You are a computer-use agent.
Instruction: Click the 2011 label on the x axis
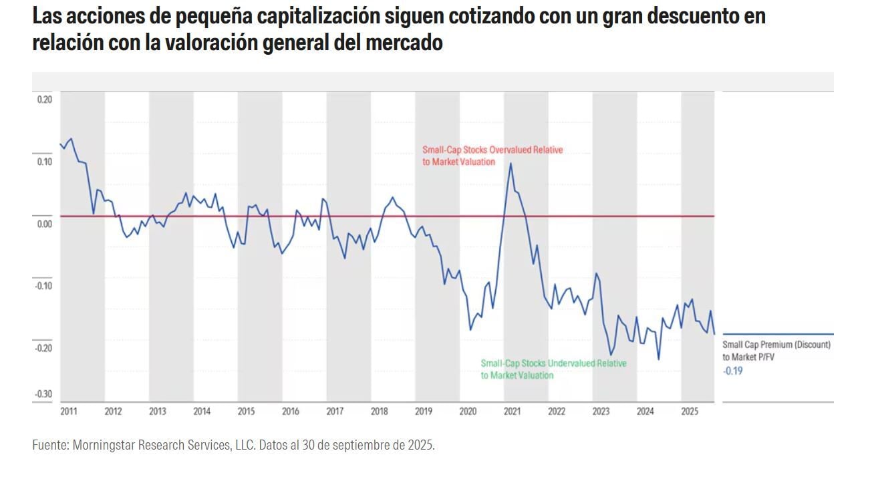pos(68,412)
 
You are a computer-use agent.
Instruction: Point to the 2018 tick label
pos(379,412)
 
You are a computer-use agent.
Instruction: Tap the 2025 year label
pos(690,412)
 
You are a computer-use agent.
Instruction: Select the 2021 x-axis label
pos(512,412)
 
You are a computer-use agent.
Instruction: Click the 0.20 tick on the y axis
pos(44,100)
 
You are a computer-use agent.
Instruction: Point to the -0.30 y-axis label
pos(43,394)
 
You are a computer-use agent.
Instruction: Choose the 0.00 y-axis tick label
pos(44,224)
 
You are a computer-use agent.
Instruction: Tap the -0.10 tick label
pos(43,286)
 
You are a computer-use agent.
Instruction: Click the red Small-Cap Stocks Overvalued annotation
pos(492,156)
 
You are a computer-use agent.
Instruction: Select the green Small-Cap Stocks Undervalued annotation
pos(553,369)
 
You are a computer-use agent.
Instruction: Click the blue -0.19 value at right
pos(732,370)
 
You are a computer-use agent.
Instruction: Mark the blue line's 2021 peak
pos(511,163)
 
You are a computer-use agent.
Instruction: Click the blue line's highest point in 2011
pos(71,139)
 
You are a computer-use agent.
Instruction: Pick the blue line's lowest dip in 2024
pos(659,359)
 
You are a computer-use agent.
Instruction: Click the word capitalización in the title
pos(313,17)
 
